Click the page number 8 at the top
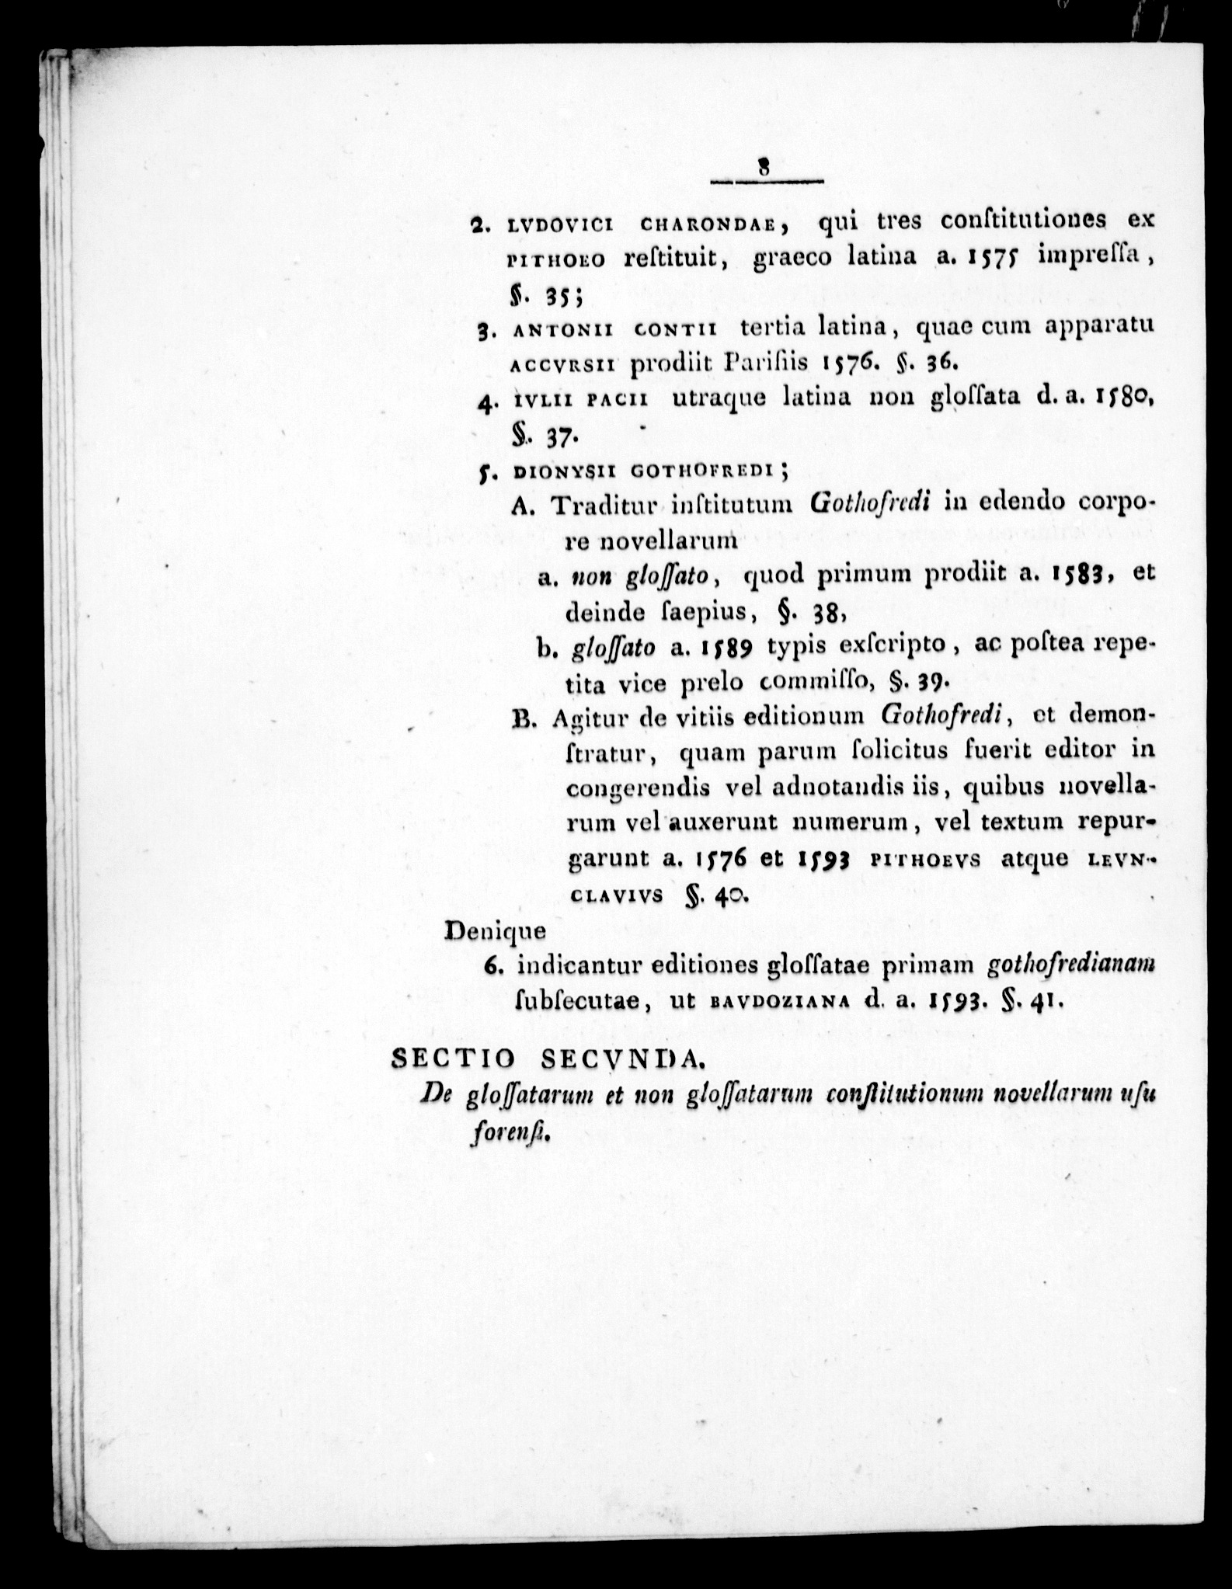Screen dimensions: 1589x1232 click(765, 168)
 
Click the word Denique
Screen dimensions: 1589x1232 click(495, 930)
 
